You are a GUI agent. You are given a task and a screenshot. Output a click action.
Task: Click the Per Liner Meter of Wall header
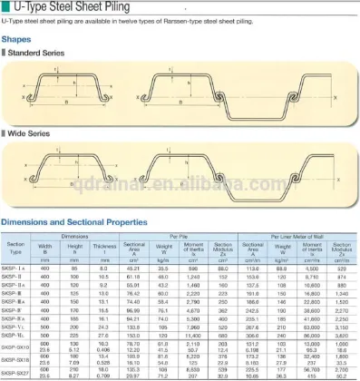click(289, 237)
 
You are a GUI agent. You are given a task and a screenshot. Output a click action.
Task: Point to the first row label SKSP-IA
click(16, 269)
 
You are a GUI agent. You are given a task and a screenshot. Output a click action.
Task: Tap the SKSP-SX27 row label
click(16, 373)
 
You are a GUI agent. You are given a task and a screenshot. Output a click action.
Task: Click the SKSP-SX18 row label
click(16, 360)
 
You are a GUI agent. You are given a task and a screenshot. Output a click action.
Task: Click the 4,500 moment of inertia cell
click(313, 269)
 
